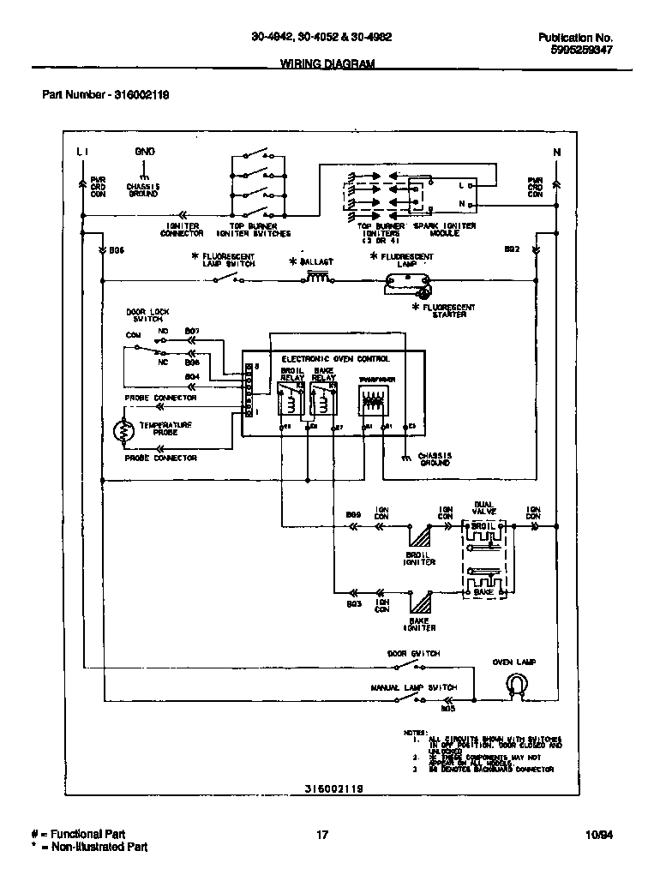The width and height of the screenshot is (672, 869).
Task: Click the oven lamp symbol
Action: pyautogui.click(x=515, y=682)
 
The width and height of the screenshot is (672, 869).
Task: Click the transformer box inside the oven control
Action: pyautogui.click(x=374, y=399)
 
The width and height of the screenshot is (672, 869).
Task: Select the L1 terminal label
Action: pyautogui.click(x=82, y=152)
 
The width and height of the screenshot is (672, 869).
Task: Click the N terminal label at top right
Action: pyautogui.click(x=556, y=153)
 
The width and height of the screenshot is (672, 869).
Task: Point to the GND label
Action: pyautogui.click(x=144, y=152)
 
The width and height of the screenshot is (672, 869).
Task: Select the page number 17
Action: pyautogui.click(x=322, y=834)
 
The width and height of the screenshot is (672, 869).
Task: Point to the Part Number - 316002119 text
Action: pyautogui.click(x=105, y=95)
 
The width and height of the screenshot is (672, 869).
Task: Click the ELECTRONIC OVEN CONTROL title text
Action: pyautogui.click(x=335, y=358)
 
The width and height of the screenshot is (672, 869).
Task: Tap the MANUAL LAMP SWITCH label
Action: pyautogui.click(x=413, y=687)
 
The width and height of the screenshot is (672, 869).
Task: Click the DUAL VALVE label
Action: pyautogui.click(x=484, y=507)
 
